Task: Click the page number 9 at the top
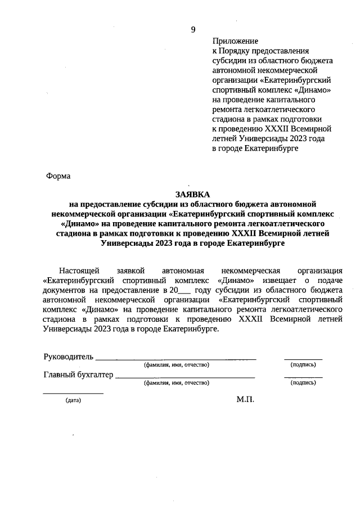click(x=193, y=30)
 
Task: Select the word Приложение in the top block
click(x=235, y=41)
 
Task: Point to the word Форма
click(x=58, y=176)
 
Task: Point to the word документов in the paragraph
click(x=63, y=290)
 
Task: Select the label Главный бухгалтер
click(x=78, y=375)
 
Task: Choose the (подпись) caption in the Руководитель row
click(x=303, y=365)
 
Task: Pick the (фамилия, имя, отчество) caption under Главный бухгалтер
click(x=176, y=383)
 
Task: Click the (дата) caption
click(x=73, y=401)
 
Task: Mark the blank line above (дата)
click(x=73, y=393)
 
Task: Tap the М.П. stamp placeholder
click(x=246, y=399)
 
